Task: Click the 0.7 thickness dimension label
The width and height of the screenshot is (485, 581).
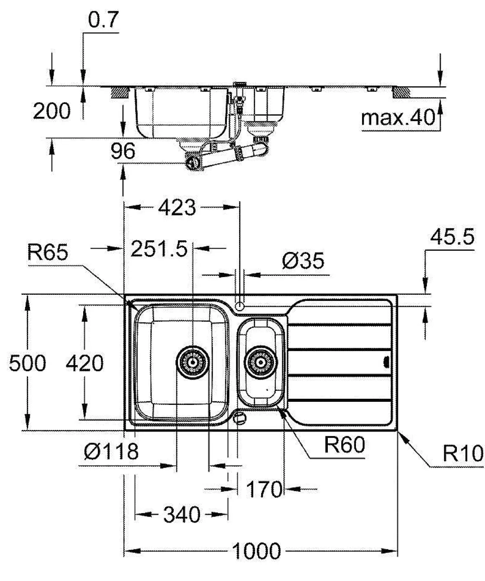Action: (103, 20)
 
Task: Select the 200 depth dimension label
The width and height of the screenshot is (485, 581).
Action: (52, 111)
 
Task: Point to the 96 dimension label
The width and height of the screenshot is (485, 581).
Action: (123, 151)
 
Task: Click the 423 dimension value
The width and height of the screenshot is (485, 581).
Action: (177, 208)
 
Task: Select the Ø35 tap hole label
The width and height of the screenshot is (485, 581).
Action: (303, 261)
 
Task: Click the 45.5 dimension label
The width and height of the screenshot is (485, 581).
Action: (452, 237)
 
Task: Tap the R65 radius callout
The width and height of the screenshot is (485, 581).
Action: (48, 252)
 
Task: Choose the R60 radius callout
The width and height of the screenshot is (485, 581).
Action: (345, 445)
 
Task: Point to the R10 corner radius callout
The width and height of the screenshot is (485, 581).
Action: (462, 454)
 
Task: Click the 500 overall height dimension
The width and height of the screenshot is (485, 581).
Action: (27, 363)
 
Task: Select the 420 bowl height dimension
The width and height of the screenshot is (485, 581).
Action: (84, 363)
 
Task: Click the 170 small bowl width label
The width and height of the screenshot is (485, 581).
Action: (264, 490)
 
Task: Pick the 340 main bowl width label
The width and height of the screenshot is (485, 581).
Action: (182, 515)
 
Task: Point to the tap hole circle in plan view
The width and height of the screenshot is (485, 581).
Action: (239, 307)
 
